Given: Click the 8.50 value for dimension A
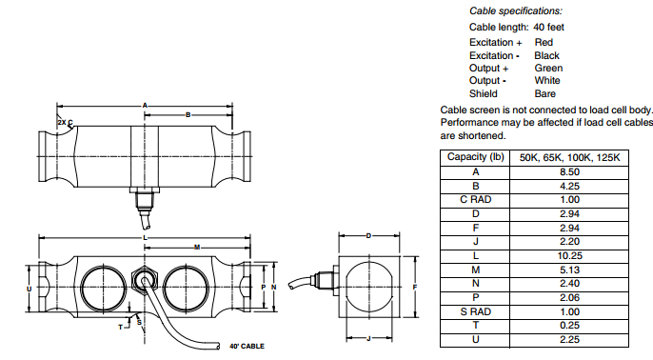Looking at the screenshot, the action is pos(569,172).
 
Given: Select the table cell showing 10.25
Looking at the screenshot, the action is pos(569,256).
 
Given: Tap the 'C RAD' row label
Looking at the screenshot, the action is pos(475,200).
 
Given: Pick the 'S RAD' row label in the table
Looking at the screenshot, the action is pos(475,311).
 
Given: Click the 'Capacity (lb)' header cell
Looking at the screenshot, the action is pos(475,157).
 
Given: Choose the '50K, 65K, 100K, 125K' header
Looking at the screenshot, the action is pos(569,157).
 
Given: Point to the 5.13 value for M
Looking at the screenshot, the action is pos(569,270).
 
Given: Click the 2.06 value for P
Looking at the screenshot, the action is pos(569,297).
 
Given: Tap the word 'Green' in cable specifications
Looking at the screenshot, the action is pos(548,68).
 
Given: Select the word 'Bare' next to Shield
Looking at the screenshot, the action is pos(545,93).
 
